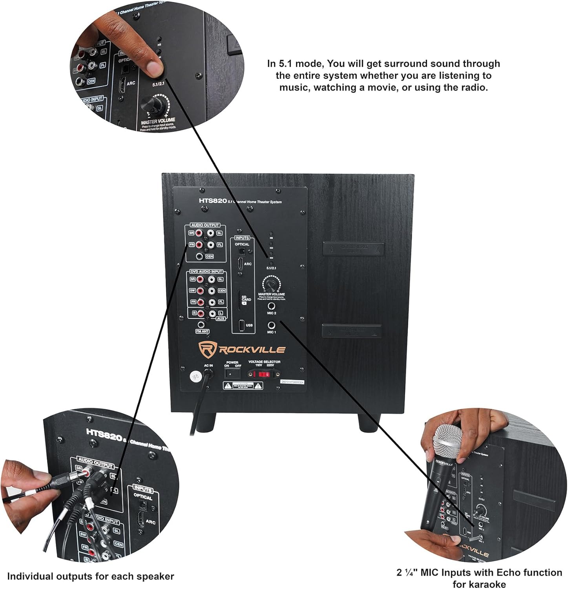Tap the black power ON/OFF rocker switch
(x=232, y=373)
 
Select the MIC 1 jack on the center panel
(x=271, y=325)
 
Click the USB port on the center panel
(x=241, y=325)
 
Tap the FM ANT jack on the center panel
(x=201, y=325)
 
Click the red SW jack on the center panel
(x=201, y=291)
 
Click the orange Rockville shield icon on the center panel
(x=206, y=349)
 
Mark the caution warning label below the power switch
(x=243, y=386)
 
